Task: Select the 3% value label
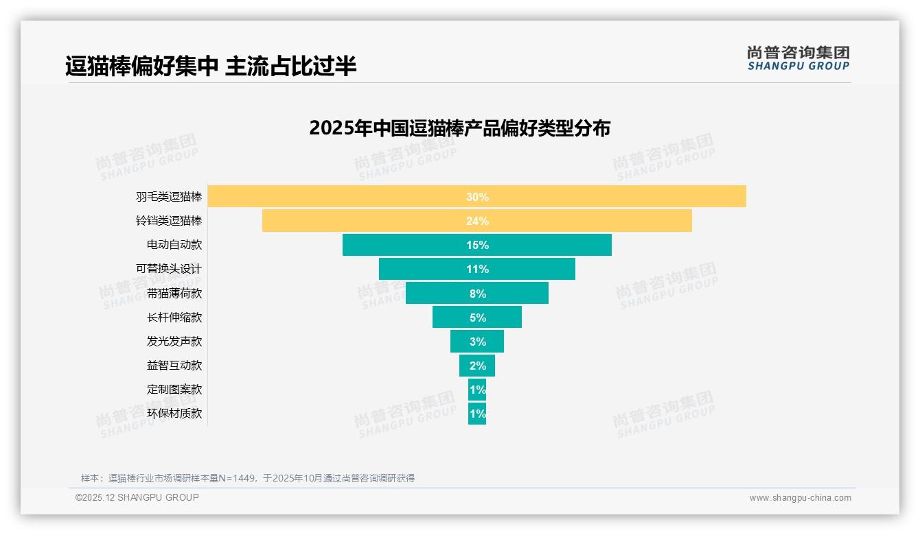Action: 477,342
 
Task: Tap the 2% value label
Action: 477,366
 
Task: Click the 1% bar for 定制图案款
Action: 477,390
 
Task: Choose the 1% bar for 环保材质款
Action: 477,414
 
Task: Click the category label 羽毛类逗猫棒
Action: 169,197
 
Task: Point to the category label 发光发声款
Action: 174,341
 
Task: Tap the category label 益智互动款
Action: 174,366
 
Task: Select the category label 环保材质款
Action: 174,414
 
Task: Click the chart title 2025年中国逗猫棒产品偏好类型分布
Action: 459,128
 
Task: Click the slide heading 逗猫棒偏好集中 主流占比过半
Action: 211,67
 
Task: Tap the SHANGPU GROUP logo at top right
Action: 798,58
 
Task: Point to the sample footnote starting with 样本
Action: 248,478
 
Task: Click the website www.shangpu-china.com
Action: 800,498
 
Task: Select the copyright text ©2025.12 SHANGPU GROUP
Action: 137,497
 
